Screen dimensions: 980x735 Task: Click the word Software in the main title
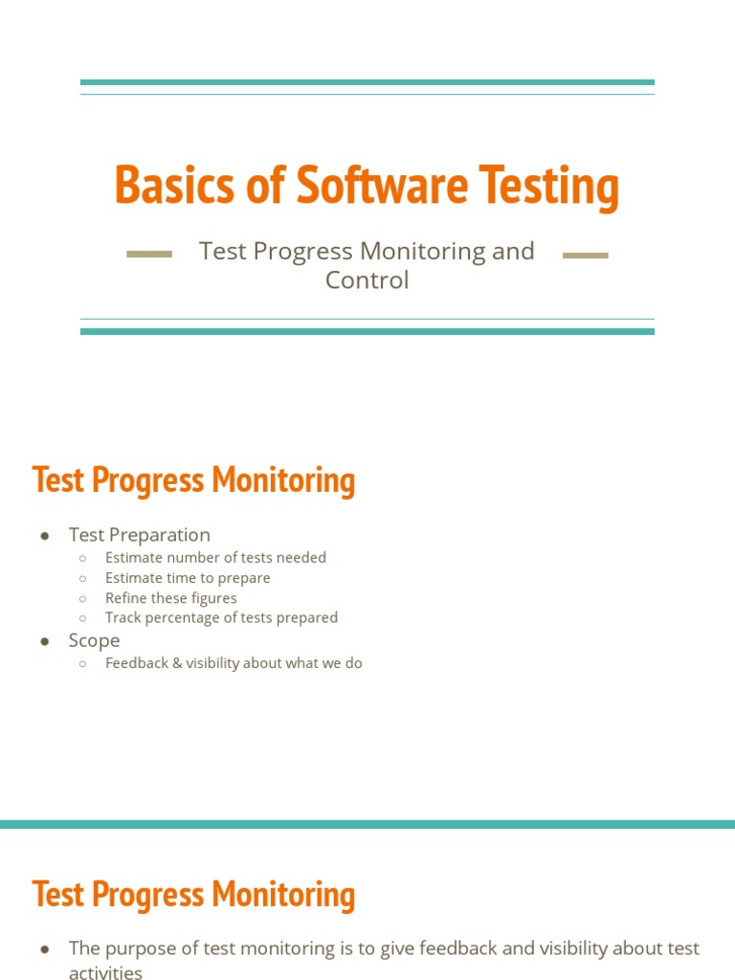382,186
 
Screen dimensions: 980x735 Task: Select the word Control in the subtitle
367,280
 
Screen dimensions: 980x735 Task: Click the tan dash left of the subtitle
149,255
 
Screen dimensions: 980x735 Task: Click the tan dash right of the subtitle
586,256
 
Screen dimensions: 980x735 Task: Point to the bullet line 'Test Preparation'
139,535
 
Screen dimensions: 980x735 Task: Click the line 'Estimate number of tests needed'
215,557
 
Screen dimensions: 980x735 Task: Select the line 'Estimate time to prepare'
188,578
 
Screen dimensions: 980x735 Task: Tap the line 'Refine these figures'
171,598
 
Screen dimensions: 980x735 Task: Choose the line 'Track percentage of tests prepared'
221,618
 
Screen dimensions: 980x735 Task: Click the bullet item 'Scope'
94,640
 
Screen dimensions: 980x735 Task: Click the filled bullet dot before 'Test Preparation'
45,535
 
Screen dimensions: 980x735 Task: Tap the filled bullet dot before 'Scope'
45,641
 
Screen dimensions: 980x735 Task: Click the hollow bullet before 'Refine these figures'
83,598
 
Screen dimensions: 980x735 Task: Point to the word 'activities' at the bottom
105,972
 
